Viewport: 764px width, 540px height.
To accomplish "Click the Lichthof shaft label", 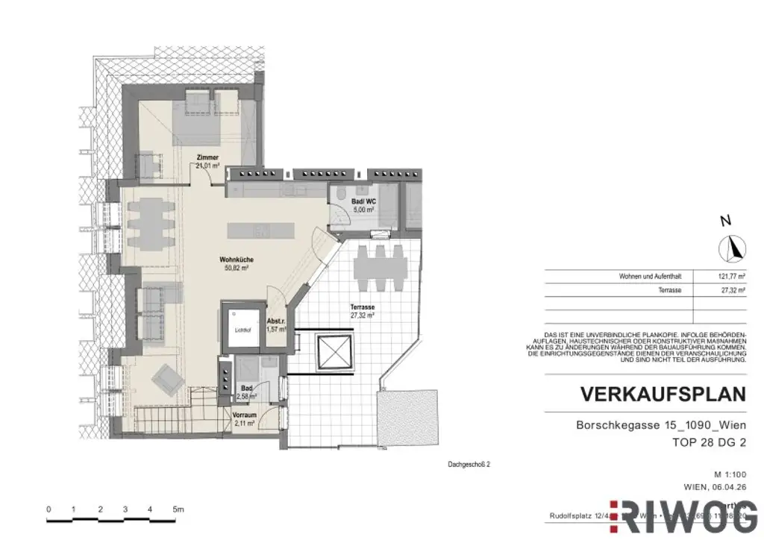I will point(241,328).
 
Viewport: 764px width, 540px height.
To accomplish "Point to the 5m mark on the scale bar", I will point(178,509).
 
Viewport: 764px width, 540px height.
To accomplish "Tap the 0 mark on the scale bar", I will point(48,509).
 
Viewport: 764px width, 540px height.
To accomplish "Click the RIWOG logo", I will point(683,515).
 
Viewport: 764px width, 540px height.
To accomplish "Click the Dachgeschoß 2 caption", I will point(469,463).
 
